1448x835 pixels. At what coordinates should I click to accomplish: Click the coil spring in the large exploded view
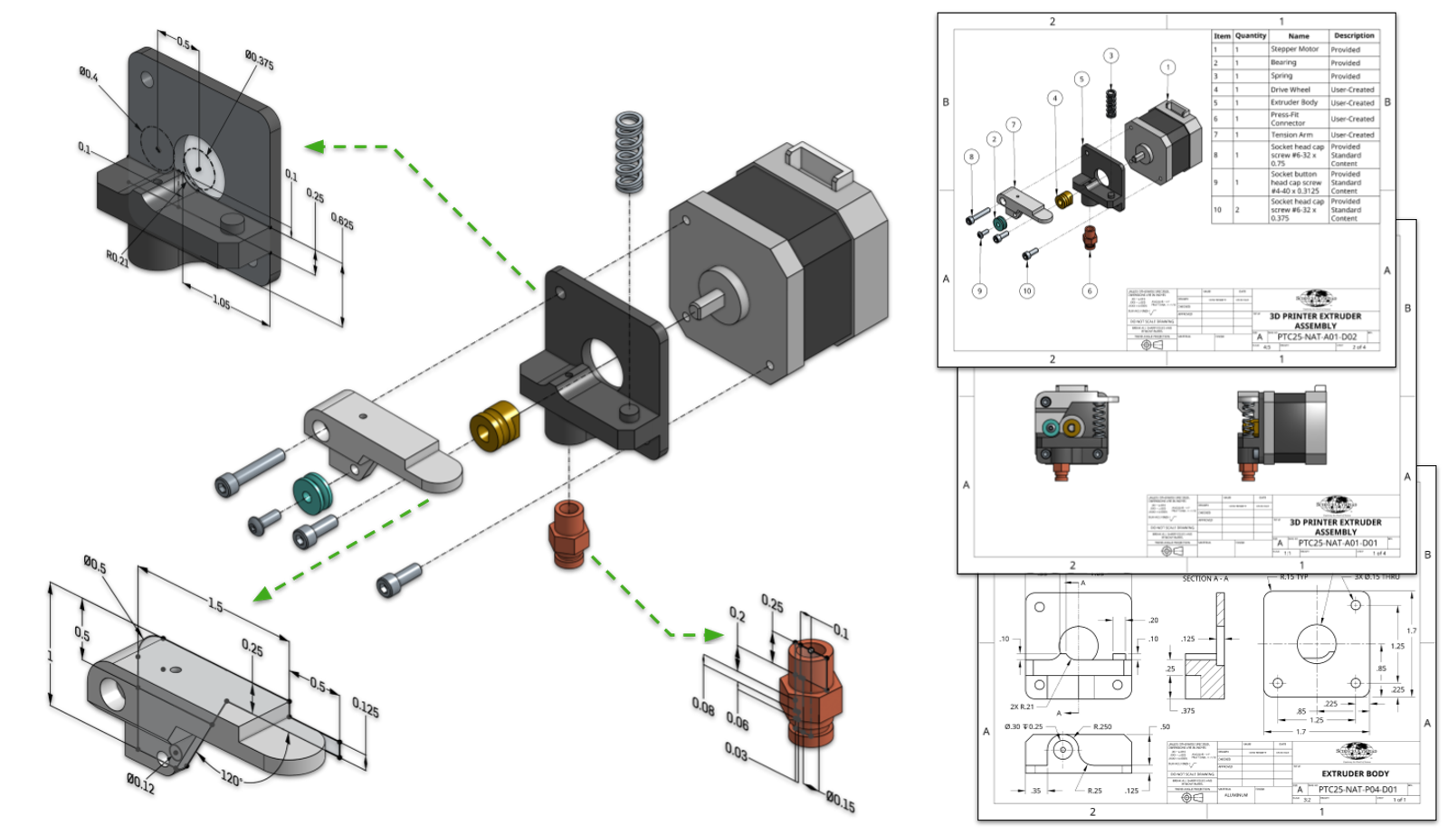click(629, 152)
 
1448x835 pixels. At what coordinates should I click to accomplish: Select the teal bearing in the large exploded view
click(312, 494)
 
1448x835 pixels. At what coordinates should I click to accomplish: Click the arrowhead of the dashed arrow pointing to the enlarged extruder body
click(313, 147)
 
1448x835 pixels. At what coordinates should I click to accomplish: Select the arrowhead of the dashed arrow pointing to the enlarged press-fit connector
click(715, 635)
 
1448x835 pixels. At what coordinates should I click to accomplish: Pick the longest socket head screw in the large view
click(251, 471)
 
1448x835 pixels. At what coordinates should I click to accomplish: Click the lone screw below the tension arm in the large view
click(398, 578)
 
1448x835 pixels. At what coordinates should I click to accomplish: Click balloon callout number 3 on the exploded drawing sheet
click(1111, 56)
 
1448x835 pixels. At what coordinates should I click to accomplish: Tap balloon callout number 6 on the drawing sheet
click(1090, 290)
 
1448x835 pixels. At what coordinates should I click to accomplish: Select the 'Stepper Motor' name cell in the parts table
click(1294, 50)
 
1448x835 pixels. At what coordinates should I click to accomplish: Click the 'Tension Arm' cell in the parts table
click(1291, 135)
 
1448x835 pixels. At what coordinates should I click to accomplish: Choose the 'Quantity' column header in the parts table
click(1251, 36)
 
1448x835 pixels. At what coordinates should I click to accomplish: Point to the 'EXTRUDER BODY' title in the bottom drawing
click(1355, 773)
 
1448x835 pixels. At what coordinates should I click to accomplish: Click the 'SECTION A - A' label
click(1205, 578)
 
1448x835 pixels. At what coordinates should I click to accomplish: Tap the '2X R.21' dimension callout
click(1022, 707)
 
